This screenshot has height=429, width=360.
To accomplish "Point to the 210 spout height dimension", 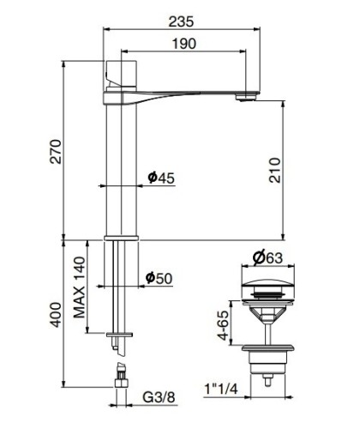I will point(273,178).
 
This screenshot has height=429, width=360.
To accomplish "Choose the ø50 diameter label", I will point(160,278).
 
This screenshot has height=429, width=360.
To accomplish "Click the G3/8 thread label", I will point(159,397).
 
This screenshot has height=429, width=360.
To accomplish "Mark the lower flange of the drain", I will point(269,351).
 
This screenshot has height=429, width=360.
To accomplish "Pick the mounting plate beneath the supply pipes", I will point(117,333).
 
